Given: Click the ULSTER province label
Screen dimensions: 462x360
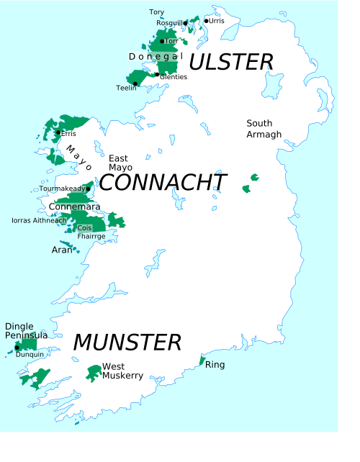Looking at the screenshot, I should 231,62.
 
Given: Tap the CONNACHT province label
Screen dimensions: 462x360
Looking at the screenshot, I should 163,183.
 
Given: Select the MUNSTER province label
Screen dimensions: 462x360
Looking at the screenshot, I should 127,342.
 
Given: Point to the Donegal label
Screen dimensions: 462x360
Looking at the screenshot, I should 156,56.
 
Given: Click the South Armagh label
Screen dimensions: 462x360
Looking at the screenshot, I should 264,129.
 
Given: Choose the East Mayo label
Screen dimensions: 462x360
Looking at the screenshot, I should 120,163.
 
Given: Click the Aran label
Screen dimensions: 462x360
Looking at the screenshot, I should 62,250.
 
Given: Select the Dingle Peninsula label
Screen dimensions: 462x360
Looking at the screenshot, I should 27,331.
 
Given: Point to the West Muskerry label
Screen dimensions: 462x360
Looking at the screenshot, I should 122,371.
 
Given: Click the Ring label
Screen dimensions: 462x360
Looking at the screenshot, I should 215,365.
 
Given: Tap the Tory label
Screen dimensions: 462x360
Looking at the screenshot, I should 156,12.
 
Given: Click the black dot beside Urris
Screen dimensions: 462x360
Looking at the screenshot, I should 206,21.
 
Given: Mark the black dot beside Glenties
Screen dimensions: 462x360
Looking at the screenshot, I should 157,74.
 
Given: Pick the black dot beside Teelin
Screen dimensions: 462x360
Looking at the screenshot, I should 135,83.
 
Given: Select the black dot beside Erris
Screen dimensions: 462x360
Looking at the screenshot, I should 58,132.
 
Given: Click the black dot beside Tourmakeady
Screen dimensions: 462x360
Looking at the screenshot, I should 88,189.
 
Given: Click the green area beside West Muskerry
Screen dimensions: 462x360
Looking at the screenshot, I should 93,372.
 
